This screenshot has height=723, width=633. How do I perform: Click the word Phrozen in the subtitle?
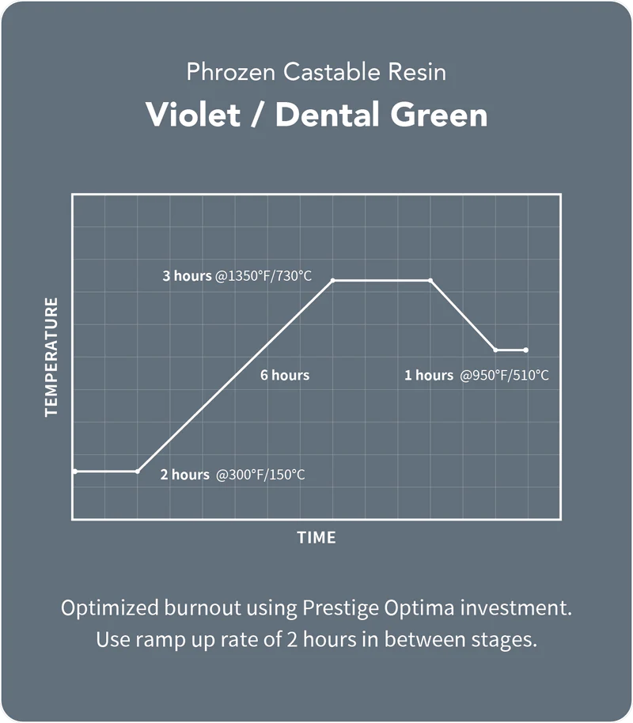231,72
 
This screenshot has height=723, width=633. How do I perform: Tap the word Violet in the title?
193,115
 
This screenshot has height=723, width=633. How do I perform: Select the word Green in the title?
439,115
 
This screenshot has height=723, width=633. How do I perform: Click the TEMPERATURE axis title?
51,358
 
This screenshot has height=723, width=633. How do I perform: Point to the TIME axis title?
316,537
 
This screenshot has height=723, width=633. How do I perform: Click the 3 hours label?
187,276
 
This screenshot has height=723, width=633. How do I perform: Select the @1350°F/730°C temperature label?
263,276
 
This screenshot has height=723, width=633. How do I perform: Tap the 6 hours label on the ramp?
285,375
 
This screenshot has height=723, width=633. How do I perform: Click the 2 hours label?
185,475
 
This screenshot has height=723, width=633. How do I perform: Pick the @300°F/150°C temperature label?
260,475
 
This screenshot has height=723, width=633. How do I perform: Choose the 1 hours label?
429,375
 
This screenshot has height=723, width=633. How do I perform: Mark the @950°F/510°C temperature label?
504,375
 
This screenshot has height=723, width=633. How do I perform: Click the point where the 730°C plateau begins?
332,280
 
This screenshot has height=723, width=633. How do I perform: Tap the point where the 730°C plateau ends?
430,280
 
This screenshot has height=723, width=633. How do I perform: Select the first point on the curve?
75,471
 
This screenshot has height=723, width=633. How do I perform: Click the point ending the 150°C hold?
138,471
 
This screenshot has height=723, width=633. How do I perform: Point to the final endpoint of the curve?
526,350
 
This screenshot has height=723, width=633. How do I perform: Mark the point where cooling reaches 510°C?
495,350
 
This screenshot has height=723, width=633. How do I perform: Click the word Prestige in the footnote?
341,608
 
